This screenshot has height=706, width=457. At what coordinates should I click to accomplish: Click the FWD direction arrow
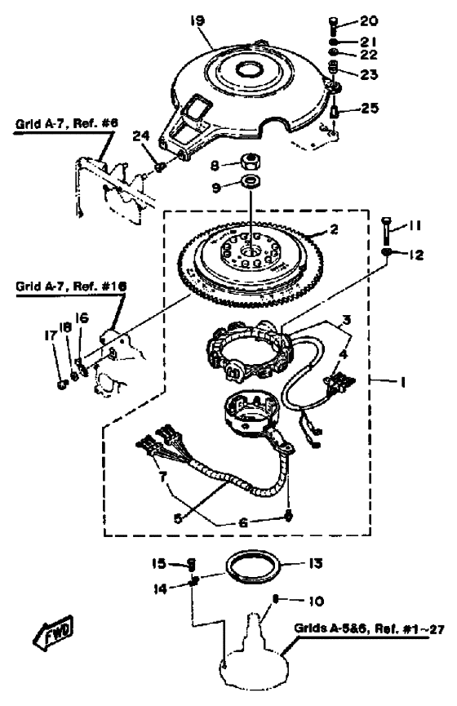(x=54, y=630)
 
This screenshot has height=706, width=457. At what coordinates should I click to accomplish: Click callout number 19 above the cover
(x=197, y=21)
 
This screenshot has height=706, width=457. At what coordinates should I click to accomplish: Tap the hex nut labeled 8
(x=248, y=161)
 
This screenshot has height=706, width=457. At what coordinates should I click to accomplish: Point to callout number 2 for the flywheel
(x=334, y=229)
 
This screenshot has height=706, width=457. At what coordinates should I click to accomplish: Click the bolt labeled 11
(x=386, y=230)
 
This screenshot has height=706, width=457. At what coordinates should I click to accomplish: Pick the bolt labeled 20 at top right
(x=334, y=26)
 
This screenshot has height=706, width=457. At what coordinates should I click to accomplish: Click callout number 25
(x=370, y=108)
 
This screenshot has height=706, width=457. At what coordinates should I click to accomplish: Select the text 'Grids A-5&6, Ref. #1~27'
(x=369, y=628)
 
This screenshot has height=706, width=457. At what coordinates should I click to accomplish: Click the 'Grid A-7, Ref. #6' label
(x=66, y=123)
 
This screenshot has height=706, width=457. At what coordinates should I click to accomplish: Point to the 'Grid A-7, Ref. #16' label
(x=71, y=286)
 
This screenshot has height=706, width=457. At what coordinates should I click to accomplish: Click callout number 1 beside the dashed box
(x=402, y=382)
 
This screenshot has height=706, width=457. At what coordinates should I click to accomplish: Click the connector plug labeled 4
(x=341, y=383)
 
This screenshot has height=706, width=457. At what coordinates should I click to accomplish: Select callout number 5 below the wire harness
(x=178, y=518)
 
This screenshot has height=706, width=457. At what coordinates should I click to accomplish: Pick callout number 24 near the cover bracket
(x=141, y=135)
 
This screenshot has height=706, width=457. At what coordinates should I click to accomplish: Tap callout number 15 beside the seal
(x=159, y=563)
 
